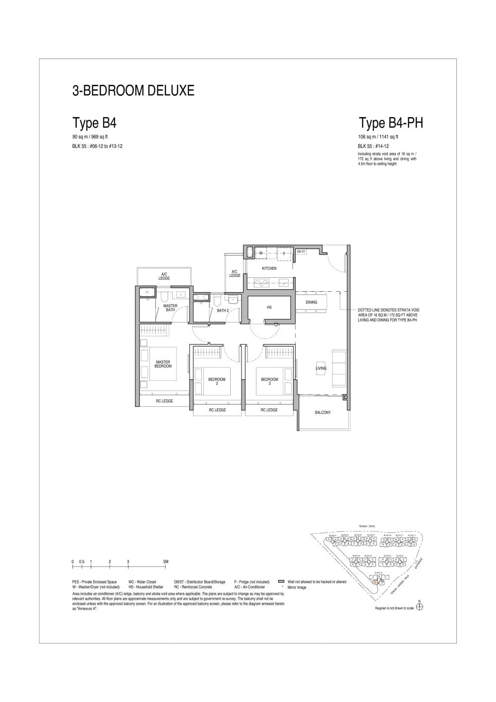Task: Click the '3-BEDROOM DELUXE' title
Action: point(133,90)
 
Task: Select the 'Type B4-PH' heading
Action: point(391,123)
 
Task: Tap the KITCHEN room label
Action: point(269,268)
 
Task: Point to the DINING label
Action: point(311,302)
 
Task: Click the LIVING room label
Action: point(321,368)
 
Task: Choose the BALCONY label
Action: point(322,412)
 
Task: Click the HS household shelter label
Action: point(269,308)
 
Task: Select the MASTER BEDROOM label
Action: point(163,364)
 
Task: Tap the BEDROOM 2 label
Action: point(217,382)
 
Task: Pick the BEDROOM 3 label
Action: point(269,382)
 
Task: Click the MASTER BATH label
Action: point(170,308)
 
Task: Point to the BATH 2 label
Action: point(223,311)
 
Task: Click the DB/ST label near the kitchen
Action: point(301,252)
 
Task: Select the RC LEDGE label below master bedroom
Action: point(164,401)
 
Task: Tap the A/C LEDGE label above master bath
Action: point(164,276)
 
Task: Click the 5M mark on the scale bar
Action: point(166,562)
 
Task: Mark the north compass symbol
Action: point(420,607)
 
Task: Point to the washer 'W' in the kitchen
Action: point(261,253)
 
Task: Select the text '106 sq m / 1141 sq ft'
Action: point(378,137)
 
